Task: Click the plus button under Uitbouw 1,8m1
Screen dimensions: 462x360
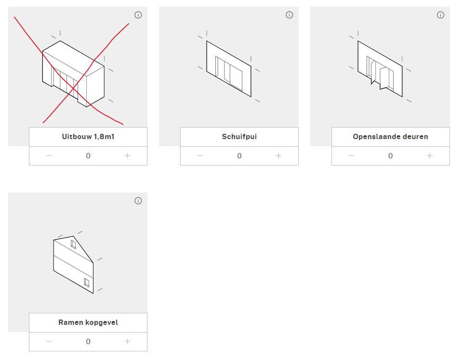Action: pyautogui.click(x=127, y=156)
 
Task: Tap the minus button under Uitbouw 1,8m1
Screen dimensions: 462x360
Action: pyautogui.click(x=49, y=156)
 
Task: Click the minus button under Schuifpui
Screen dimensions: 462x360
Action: pyautogui.click(x=200, y=156)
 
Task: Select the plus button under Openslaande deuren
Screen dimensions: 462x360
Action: pyautogui.click(x=430, y=156)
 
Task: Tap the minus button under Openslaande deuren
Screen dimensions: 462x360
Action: pyautogui.click(x=351, y=156)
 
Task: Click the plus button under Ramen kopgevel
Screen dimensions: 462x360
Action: pyautogui.click(x=127, y=341)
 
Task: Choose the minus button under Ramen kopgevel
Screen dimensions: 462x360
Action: pyautogui.click(x=49, y=341)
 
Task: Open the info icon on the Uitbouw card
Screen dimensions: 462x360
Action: pyautogui.click(x=138, y=15)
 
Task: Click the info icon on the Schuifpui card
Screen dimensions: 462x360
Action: pyautogui.click(x=290, y=15)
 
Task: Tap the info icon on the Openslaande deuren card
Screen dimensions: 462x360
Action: pyautogui.click(x=440, y=15)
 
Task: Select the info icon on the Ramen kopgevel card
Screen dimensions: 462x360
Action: pyautogui.click(x=138, y=201)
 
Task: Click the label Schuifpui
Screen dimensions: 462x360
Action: pyautogui.click(x=239, y=137)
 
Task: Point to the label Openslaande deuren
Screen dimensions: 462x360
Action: pyautogui.click(x=390, y=137)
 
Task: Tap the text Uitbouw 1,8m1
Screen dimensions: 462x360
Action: pyautogui.click(x=88, y=137)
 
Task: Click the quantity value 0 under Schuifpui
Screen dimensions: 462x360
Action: pyautogui.click(x=239, y=156)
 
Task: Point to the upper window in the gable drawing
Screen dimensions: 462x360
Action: pyautogui.click(x=73, y=244)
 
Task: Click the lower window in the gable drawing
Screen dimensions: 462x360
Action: pyautogui.click(x=87, y=283)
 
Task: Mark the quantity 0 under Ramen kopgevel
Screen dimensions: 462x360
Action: pyautogui.click(x=88, y=341)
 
